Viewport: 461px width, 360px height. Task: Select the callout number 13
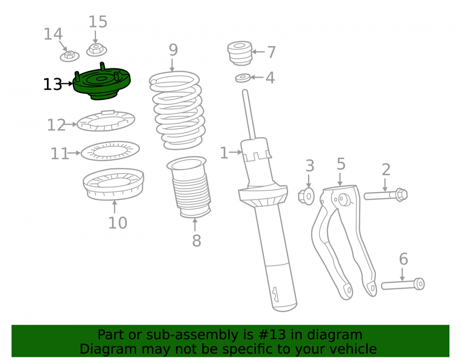coord(53,84)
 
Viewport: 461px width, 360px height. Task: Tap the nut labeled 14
coord(70,56)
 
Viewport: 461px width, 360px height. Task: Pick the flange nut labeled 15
coord(96,50)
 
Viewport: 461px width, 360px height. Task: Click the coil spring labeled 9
coord(177,110)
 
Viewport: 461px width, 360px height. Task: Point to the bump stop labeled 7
coord(240,53)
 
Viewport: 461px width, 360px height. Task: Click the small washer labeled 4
coord(243,78)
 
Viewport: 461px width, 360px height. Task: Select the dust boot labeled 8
coord(189,188)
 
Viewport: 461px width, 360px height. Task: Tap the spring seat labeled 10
coord(113,184)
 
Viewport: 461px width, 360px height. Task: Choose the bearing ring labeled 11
coord(110,151)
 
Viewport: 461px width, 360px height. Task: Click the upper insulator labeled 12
coord(106,120)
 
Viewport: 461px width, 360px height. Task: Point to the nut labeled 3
coord(306,196)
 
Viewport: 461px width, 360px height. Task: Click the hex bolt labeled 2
coord(385,195)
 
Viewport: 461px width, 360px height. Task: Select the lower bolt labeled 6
coord(403,284)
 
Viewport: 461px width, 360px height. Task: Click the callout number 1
coord(224,153)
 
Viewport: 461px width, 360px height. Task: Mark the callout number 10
coord(118,223)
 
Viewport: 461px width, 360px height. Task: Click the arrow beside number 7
coord(259,52)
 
